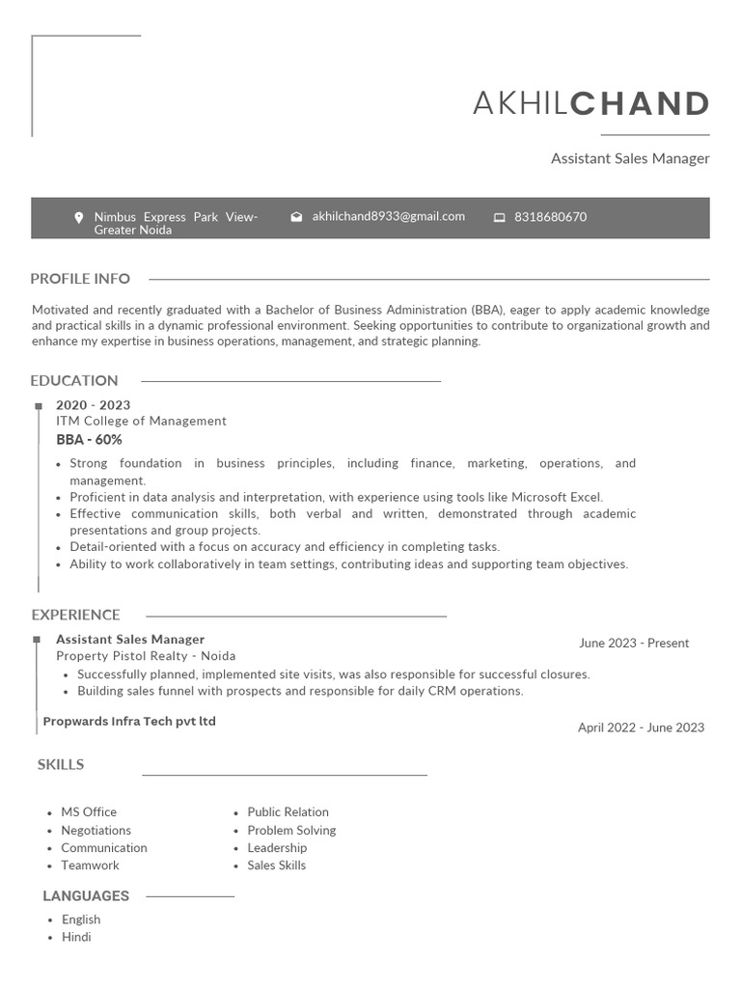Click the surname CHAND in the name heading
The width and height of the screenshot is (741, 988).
pos(640,103)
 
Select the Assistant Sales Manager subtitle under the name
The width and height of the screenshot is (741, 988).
pos(629,158)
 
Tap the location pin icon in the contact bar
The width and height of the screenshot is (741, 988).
pos(79,218)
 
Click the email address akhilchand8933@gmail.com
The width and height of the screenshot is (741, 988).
pos(388,216)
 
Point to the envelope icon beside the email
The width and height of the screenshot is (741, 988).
pos(296,217)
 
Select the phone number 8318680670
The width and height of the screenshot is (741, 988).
pos(550,217)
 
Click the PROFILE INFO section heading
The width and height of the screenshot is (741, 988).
pos(80,279)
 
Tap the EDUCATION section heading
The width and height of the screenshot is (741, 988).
pos(74,381)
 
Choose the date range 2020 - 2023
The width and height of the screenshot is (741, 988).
pos(93,405)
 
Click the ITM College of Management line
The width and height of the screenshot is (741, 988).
pos(141,421)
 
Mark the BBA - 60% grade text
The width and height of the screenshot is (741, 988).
pos(89,440)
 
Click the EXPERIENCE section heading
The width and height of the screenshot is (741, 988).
pos(75,615)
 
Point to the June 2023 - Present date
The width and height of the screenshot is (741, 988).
pos(634,644)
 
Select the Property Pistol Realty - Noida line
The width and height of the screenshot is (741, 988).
pos(146,656)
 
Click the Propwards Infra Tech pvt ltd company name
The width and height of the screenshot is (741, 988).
pos(129,722)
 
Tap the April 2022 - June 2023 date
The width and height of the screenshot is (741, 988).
pos(641,728)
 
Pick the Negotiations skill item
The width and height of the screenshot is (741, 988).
pos(96,831)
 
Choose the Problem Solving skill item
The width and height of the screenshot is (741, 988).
pos(291,831)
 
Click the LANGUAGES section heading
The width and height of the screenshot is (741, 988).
pos(86,896)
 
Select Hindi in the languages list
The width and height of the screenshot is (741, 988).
pos(76,937)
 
